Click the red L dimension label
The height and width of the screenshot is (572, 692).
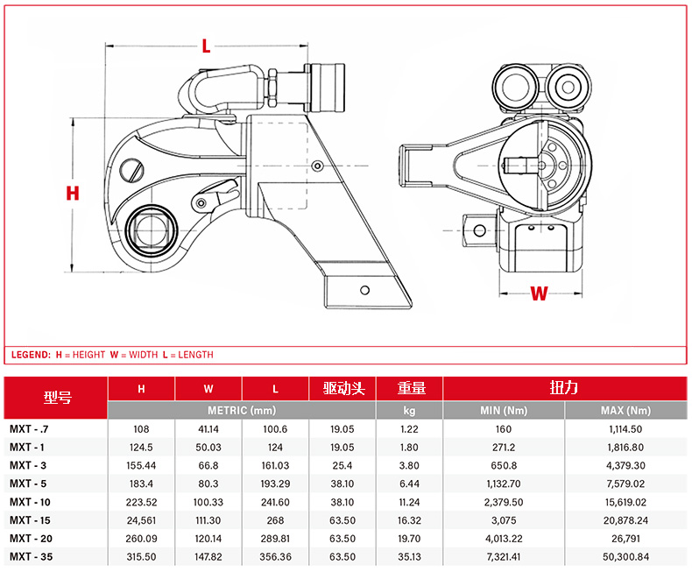click(206, 46)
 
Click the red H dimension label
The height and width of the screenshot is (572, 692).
click(73, 194)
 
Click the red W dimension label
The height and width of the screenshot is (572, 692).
click(539, 293)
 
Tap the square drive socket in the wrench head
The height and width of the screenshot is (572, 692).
click(151, 230)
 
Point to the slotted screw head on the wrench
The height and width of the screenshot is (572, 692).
click(131, 170)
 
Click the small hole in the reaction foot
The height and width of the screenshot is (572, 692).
click(364, 290)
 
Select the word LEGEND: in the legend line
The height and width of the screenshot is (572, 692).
click(31, 355)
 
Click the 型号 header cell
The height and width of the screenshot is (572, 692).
click(57, 398)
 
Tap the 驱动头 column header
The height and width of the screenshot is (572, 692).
click(343, 388)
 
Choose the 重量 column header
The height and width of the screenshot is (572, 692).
click(412, 388)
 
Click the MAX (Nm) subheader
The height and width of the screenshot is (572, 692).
click(625, 411)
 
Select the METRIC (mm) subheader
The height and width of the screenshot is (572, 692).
click(242, 411)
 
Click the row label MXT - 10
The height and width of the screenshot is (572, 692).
click(30, 502)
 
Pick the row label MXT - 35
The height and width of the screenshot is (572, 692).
click(31, 557)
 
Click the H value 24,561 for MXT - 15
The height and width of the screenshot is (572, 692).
click(141, 521)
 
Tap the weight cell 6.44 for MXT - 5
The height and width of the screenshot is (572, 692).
click(409, 484)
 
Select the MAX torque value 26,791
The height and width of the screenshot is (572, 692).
click(625, 539)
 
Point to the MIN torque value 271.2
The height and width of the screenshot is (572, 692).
click(504, 448)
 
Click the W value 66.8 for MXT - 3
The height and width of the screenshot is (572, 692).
click(208, 466)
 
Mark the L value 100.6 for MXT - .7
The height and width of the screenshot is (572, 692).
click(275, 429)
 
